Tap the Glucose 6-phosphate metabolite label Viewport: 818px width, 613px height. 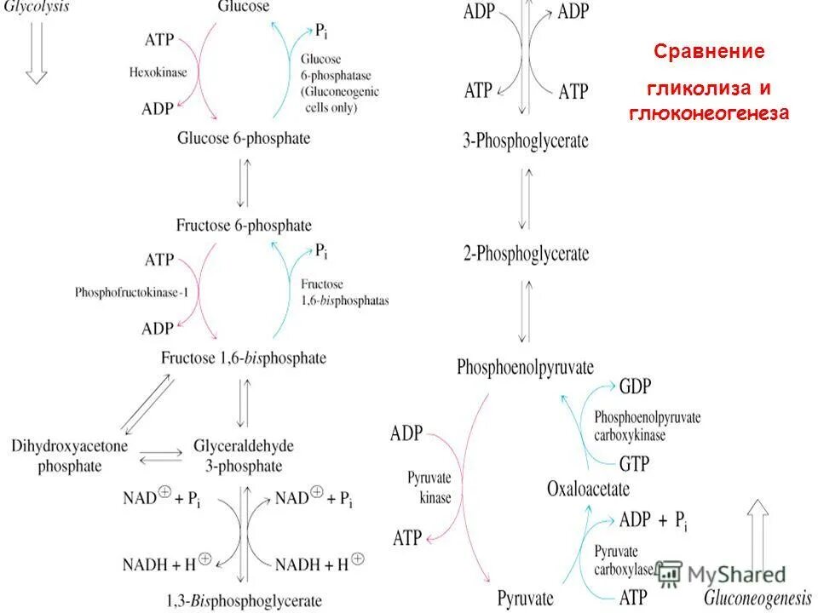[x=244, y=137]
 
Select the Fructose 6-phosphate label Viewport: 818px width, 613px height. [x=244, y=226]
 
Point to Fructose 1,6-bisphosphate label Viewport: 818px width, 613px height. [x=244, y=358]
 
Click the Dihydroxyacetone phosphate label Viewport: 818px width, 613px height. [x=57, y=455]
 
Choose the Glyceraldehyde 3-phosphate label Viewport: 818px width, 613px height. [x=238, y=455]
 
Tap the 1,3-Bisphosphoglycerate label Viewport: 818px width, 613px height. [x=245, y=600]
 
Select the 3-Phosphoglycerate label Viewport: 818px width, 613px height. [x=526, y=141]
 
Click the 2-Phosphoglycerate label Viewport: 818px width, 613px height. [x=526, y=253]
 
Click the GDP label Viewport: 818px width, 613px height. [x=635, y=387]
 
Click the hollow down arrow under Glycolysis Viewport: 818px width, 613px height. [x=36, y=51]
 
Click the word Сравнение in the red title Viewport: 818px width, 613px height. [x=709, y=52]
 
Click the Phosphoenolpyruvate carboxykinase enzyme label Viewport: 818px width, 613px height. [x=647, y=425]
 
